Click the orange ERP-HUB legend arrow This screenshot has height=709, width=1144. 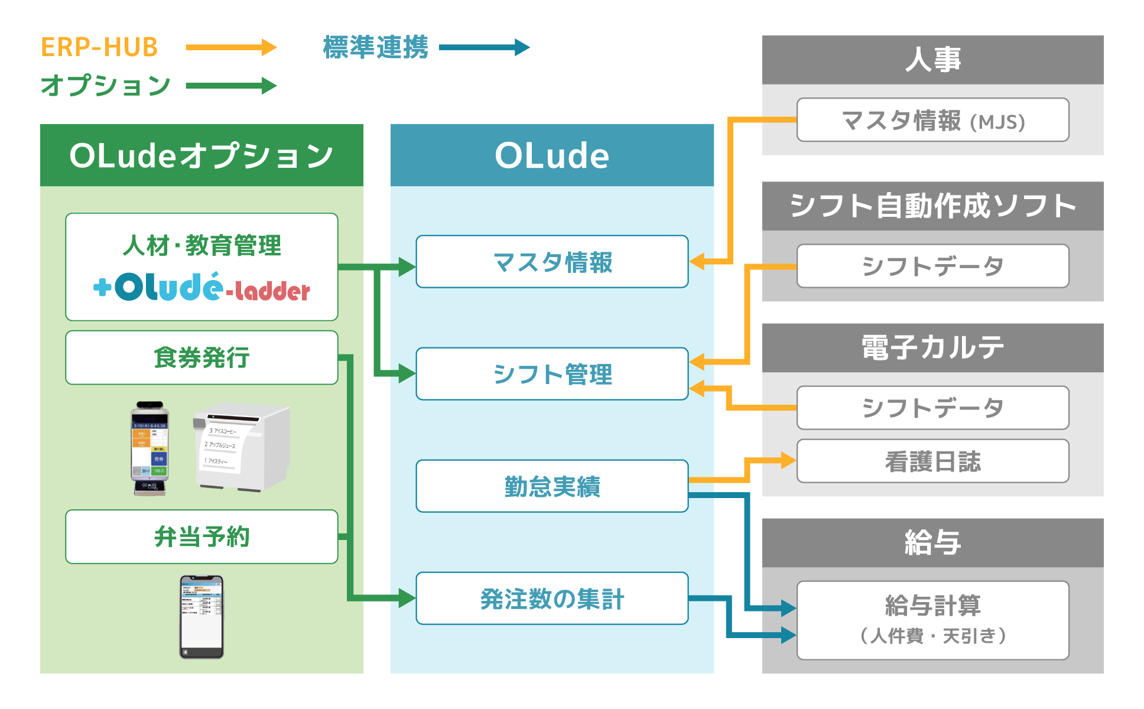[230, 47]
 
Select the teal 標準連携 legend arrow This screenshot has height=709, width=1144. [484, 47]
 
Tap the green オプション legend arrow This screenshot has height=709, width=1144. [230, 86]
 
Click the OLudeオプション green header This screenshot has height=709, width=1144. [201, 155]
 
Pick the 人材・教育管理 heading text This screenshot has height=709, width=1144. [201, 245]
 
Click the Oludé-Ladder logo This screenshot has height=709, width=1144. [201, 288]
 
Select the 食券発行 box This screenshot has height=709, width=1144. [201, 357]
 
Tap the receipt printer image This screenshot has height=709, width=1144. [241, 446]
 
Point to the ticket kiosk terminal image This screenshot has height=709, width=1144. [149, 448]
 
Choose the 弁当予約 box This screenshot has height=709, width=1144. [201, 536]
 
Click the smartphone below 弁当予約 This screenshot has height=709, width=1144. [201, 616]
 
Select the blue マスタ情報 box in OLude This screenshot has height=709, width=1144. [552, 262]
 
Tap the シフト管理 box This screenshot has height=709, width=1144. [552, 374]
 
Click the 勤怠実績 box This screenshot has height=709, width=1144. [552, 486]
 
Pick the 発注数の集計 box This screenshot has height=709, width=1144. [552, 599]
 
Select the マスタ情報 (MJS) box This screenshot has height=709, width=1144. [932, 120]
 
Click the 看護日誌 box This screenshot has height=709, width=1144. [932, 461]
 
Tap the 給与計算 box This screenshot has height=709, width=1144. [932, 620]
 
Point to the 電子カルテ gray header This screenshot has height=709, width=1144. [932, 347]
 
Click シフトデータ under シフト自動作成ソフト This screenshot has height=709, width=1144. [932, 266]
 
